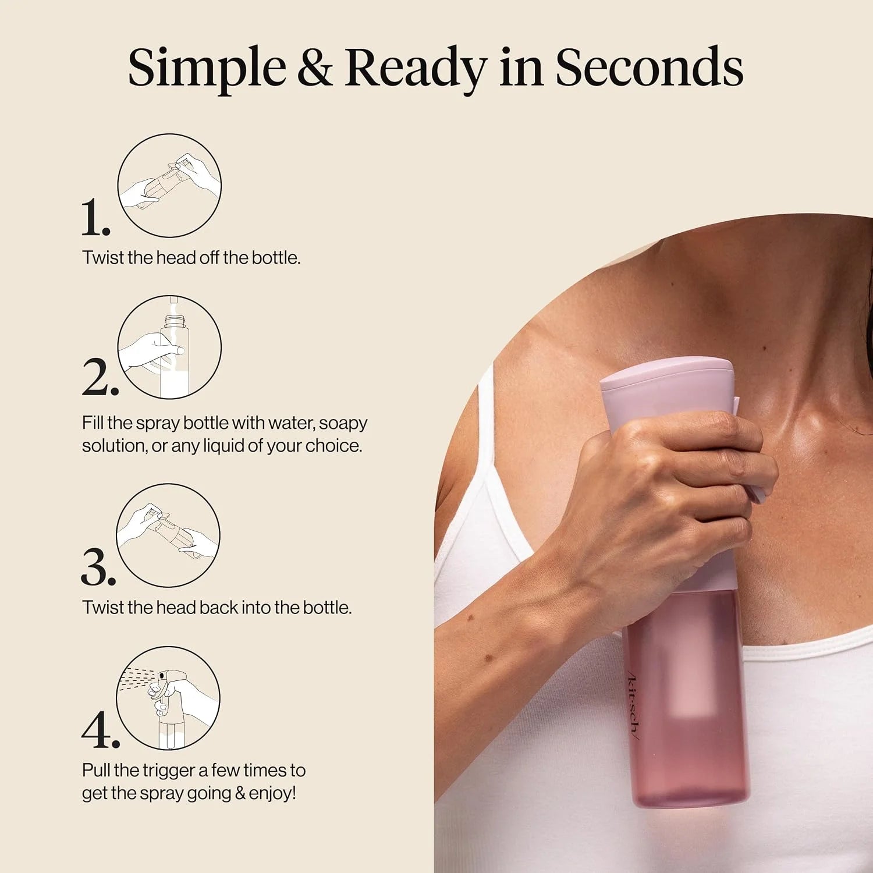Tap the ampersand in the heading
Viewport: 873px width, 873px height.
(315, 68)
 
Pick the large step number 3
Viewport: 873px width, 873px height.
(98, 567)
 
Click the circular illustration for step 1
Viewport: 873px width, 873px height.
(169, 186)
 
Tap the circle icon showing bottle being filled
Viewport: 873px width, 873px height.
(169, 347)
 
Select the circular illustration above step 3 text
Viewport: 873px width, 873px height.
(168, 535)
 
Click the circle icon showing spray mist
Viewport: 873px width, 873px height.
(168, 698)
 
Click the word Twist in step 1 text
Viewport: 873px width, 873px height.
(102, 257)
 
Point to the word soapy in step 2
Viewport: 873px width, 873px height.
(343, 424)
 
